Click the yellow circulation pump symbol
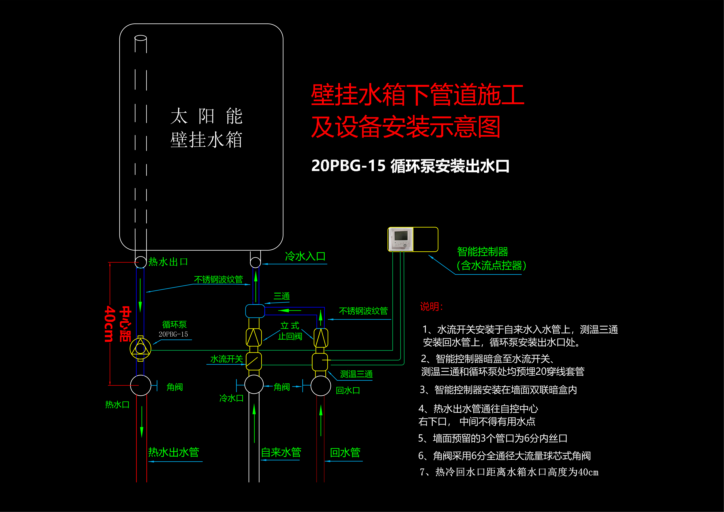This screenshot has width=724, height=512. point(140,348)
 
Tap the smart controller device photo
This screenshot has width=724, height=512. point(400,239)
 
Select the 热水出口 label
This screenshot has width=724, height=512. point(168,262)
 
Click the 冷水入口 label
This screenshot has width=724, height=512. point(305,256)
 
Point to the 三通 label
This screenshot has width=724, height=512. point(282,296)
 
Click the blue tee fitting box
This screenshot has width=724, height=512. point(255,311)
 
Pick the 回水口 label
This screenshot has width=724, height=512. point(348,390)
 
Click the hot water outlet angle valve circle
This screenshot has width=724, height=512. point(141,385)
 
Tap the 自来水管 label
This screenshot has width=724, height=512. point(281,452)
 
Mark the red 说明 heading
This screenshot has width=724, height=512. point(431,306)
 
